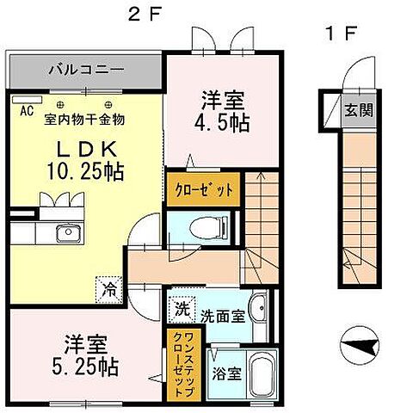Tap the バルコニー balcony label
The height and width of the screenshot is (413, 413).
coord(85,68)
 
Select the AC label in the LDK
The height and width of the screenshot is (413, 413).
coord(25,109)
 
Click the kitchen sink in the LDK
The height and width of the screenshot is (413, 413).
coord(66,233)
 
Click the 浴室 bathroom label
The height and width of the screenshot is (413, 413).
coord(227,375)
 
